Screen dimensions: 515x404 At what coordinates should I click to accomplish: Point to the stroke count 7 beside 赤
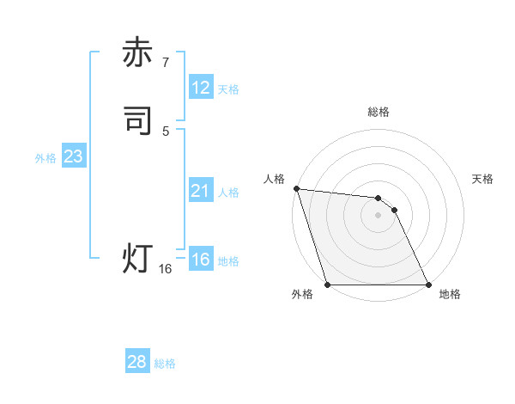(x=166, y=62)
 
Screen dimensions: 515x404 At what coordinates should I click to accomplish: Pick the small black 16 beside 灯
(x=166, y=269)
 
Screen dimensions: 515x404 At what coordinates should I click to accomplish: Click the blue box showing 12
(x=201, y=88)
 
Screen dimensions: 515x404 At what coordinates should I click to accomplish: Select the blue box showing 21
(x=201, y=191)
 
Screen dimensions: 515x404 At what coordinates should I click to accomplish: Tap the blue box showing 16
(x=201, y=260)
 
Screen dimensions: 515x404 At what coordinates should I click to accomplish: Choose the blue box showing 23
(x=74, y=156)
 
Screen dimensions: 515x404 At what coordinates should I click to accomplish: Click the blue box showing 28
(x=137, y=362)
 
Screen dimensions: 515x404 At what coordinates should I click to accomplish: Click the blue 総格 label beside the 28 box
(x=165, y=364)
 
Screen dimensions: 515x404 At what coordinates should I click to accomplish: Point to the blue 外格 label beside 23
(x=45, y=158)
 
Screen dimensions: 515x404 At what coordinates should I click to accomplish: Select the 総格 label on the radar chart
(x=379, y=112)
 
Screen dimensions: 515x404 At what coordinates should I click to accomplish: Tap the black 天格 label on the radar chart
(x=482, y=179)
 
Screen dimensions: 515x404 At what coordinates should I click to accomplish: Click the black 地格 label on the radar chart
(x=450, y=295)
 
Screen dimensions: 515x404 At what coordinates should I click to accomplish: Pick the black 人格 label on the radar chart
(x=275, y=179)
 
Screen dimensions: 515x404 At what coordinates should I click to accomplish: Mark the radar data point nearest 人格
(x=296, y=188)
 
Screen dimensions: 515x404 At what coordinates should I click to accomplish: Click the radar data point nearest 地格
(x=428, y=284)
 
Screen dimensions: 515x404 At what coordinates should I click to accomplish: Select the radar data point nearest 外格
(x=328, y=284)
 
